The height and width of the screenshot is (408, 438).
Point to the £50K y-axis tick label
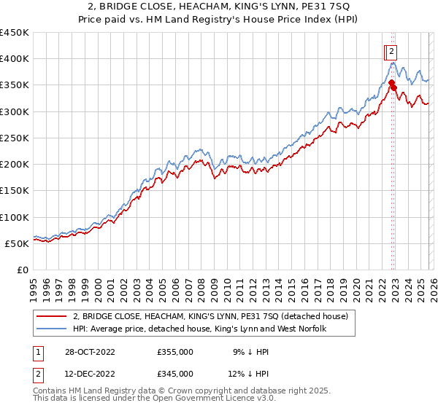(18, 244)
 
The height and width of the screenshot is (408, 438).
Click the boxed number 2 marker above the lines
(391, 51)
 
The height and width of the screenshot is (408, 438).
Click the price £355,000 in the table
(175, 352)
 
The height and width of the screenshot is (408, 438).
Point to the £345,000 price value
(175, 373)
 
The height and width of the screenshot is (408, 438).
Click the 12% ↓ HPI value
(247, 373)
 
